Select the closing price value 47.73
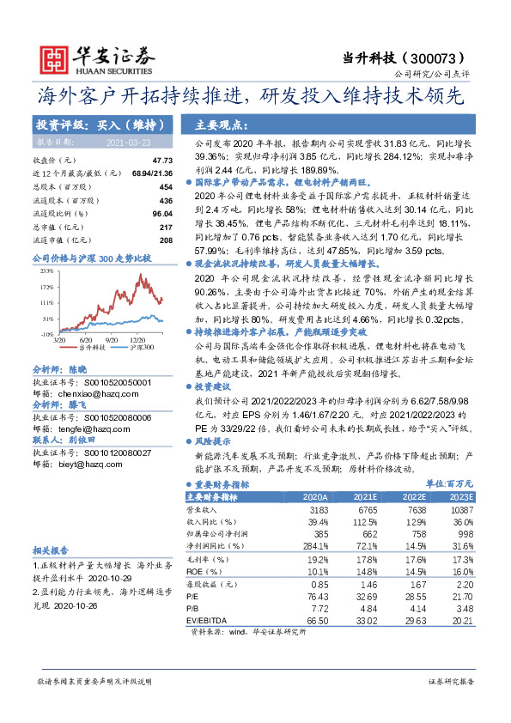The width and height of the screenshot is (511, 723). (162, 161)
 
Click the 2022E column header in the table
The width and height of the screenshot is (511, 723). (414, 497)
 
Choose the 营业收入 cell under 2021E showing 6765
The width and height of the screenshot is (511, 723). (365, 509)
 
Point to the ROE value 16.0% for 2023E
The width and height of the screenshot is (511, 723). (463, 570)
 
